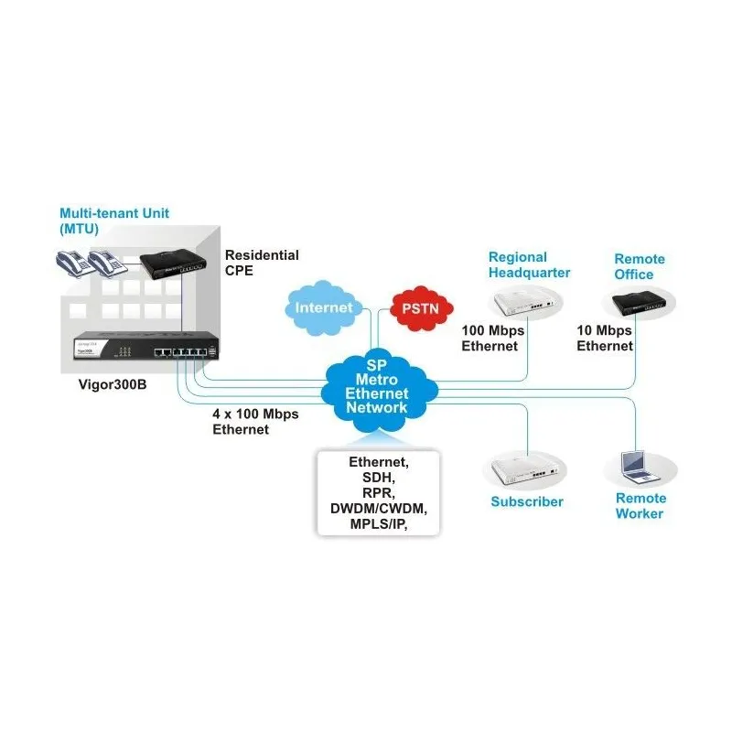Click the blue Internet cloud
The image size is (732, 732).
coord(324,307)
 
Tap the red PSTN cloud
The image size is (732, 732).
coord(420,307)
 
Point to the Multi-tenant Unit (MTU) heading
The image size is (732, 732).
coord(114,221)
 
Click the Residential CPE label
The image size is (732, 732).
coord(262,263)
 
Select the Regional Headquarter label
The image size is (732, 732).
coord(529,264)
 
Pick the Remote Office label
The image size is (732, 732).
coord(640,266)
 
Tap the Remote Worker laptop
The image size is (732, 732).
coord(639,467)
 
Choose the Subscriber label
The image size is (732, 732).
coord(527,501)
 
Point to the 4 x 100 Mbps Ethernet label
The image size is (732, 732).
coord(255,421)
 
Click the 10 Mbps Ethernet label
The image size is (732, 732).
coord(604,338)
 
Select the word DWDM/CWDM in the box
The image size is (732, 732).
coord(378,508)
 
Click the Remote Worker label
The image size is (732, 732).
coord(640,506)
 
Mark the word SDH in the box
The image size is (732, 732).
coord(378,477)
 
